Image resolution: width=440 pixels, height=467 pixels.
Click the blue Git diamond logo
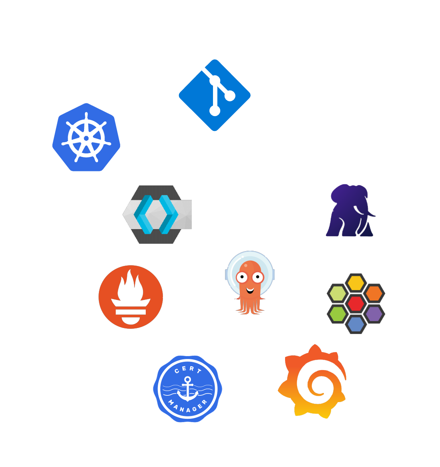215,95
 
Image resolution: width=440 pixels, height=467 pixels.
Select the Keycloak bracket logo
157,214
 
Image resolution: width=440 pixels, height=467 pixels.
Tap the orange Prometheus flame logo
131,297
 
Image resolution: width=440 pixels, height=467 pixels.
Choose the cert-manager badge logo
187,388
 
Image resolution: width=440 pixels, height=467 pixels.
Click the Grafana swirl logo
313,382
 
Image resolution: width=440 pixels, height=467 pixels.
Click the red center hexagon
356,303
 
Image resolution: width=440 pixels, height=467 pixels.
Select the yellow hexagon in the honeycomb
356,283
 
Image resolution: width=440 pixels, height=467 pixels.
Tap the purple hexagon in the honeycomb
374,313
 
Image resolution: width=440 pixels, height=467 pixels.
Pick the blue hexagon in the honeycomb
356,324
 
